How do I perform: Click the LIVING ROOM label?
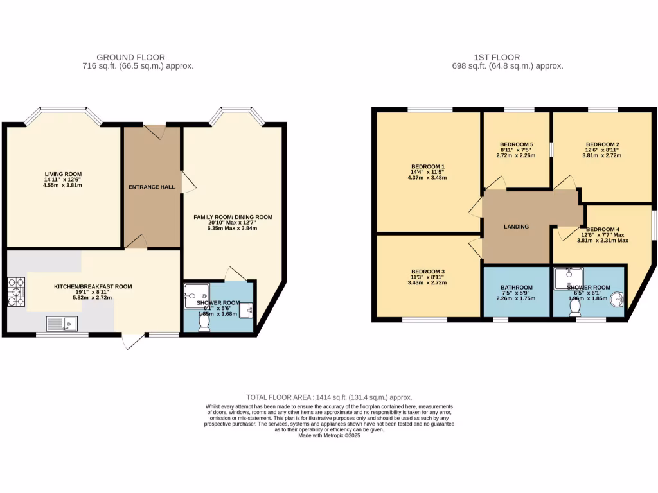click(x=63, y=174)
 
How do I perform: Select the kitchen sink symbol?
click(x=62, y=322)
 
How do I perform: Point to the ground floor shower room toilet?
click(x=205, y=325)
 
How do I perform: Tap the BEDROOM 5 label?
click(x=517, y=144)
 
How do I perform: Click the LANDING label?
click(x=516, y=227)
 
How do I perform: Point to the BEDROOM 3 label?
click(x=429, y=271)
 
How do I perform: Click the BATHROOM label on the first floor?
click(x=517, y=287)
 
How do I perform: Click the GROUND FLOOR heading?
click(x=138, y=57)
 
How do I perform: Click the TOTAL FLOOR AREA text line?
click(x=329, y=398)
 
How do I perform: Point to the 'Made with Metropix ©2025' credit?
click(x=329, y=436)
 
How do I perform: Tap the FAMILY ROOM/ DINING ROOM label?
click(x=233, y=217)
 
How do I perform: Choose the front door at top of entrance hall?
click(x=154, y=131)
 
